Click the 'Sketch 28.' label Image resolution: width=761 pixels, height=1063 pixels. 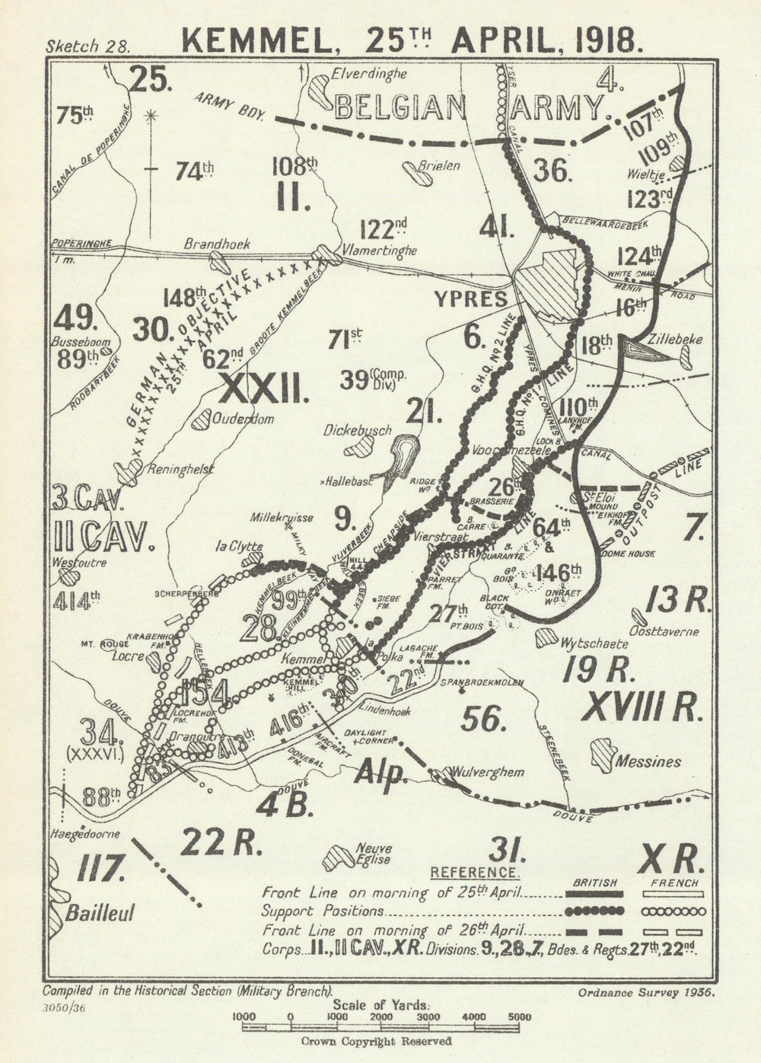point(88,44)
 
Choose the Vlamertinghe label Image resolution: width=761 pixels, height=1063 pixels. point(379,250)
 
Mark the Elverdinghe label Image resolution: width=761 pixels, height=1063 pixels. point(369,75)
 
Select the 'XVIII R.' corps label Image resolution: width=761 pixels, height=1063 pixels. point(640,707)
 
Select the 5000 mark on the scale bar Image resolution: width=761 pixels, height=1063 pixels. point(520,1017)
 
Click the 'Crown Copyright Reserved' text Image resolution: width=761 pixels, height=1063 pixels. point(377,1041)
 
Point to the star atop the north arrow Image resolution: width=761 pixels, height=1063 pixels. point(151,116)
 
